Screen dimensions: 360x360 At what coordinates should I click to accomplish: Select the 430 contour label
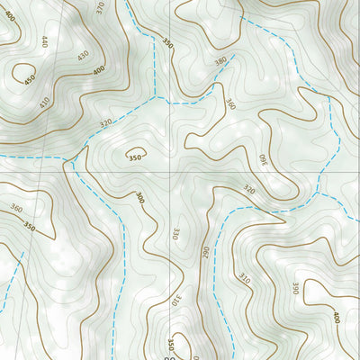click(x=83, y=56)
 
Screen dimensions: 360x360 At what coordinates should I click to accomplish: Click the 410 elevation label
click(x=44, y=102)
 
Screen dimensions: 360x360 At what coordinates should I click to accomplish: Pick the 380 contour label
click(x=220, y=62)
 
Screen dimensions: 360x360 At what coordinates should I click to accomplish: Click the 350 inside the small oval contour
click(x=136, y=157)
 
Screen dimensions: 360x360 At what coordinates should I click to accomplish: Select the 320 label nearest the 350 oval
click(x=106, y=123)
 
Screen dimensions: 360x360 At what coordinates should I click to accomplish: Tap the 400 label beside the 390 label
click(x=335, y=317)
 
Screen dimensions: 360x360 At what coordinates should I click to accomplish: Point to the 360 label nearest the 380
click(x=230, y=105)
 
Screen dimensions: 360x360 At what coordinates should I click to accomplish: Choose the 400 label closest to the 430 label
click(x=98, y=70)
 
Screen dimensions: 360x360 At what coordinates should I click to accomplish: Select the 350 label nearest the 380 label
click(x=167, y=42)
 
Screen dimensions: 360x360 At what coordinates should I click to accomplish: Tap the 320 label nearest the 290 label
click(x=249, y=190)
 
